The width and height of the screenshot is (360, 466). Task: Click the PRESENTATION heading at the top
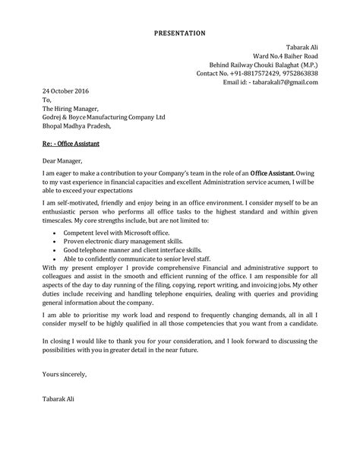(179, 33)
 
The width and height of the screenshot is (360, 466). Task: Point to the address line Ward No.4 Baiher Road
(283, 56)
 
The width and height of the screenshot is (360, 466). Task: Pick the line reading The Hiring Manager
(70, 109)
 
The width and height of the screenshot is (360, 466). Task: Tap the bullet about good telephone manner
(122, 249)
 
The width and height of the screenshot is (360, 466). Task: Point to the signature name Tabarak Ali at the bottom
(59, 399)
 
